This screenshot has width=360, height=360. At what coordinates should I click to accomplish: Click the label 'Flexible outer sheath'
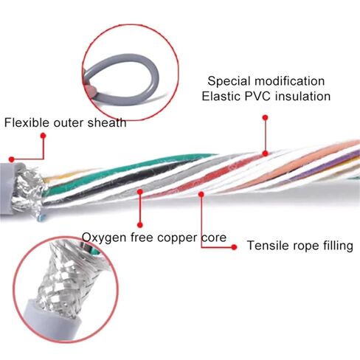[66, 122]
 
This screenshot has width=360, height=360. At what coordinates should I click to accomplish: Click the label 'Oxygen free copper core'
[154, 238]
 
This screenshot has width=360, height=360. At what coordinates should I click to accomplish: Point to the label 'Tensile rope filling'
[300, 246]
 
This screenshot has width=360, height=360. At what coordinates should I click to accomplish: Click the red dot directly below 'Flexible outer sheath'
[44, 136]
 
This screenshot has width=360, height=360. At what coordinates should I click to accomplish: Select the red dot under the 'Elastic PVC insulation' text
[265, 117]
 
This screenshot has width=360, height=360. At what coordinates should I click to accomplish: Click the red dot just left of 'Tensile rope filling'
[234, 247]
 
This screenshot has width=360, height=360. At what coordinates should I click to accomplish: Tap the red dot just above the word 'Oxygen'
[140, 224]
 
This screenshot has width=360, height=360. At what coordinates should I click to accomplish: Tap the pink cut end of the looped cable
[91, 91]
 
